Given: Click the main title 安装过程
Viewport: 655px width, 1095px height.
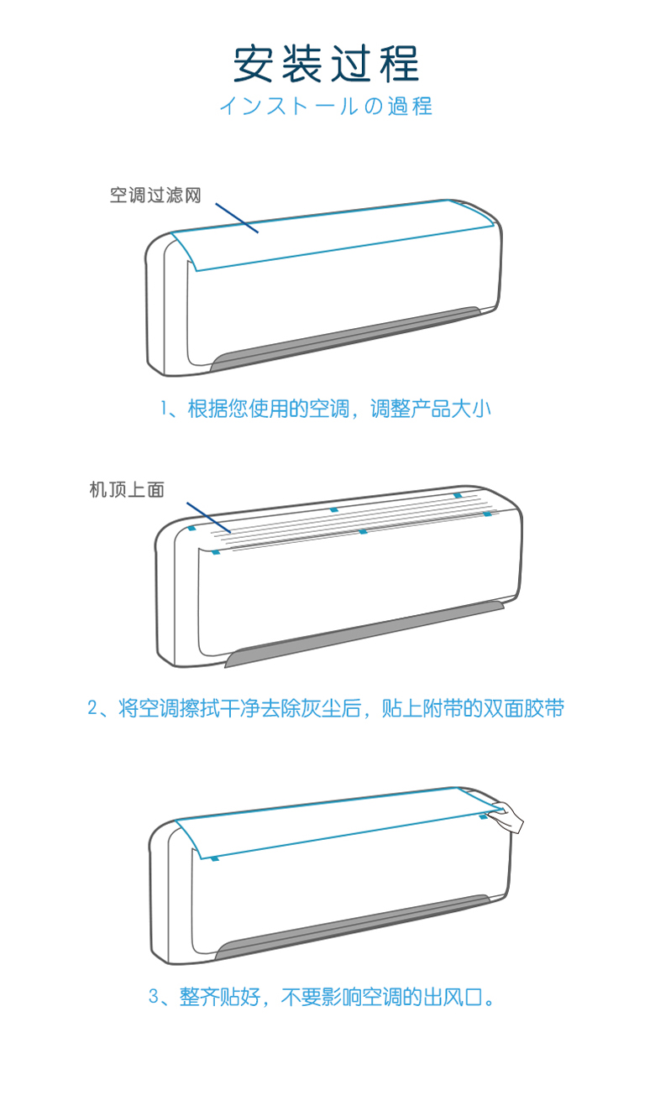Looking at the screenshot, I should coord(326,64).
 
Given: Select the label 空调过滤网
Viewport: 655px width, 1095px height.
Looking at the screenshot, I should coord(156,196).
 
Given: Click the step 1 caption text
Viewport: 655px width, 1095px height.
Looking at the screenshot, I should coord(326,409).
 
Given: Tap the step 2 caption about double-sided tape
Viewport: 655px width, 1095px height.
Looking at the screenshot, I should coord(326,708).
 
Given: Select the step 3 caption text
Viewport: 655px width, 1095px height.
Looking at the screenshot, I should coord(326,998).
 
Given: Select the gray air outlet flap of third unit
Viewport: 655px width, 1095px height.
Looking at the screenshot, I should coord(353,928).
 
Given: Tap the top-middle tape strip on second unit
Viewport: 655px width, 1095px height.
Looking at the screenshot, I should coord(334,509).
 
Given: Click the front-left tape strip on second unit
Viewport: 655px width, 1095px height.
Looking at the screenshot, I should coord(216,551).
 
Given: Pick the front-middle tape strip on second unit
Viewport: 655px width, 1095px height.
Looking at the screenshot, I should coord(363,531).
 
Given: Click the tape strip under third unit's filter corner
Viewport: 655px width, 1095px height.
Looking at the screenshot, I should coord(216,859).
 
